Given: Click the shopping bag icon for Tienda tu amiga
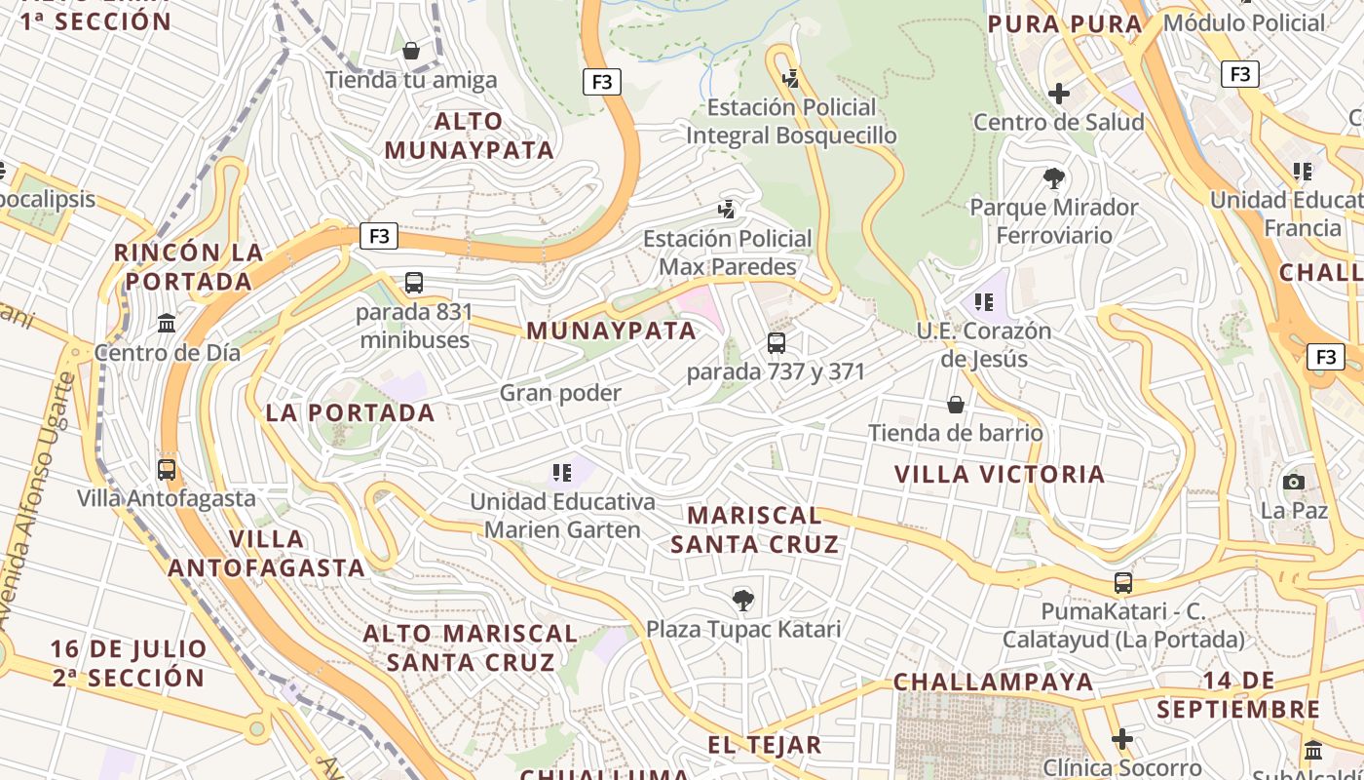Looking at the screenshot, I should (x=411, y=51).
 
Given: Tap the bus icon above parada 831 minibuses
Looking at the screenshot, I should (x=414, y=283).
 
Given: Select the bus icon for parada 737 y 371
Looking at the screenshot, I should (x=777, y=343).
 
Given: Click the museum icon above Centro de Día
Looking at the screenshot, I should (x=167, y=323).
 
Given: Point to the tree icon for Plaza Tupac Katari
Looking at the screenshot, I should (x=743, y=600).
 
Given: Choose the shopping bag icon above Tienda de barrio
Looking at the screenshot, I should (x=956, y=404).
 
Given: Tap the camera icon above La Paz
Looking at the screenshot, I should (x=1294, y=482).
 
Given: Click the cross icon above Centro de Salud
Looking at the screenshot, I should (x=1059, y=94).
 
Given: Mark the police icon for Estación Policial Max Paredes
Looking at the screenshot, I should (x=726, y=209).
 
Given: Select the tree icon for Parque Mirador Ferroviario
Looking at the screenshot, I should (x=1053, y=178).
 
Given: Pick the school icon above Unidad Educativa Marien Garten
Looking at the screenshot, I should (x=562, y=473).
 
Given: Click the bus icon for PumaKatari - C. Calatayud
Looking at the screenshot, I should (x=1123, y=583).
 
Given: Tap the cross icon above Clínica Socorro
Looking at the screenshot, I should (x=1122, y=739).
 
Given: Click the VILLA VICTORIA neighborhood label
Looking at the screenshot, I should (x=1000, y=475).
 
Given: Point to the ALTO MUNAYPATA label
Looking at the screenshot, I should (x=470, y=136).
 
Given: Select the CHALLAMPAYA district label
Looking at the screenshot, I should (x=994, y=682).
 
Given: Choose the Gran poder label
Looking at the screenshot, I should (x=560, y=393).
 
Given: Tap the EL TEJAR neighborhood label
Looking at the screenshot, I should (x=765, y=746).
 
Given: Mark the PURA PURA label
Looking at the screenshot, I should (x=1065, y=24).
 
